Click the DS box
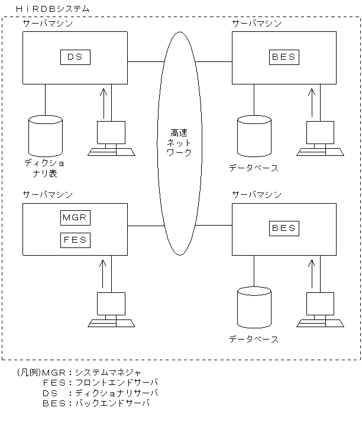click(76, 57)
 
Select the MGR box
click(76, 217)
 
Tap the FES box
click(76, 240)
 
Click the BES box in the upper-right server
click(284, 57)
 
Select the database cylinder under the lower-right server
click(254, 306)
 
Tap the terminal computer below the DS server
click(111, 139)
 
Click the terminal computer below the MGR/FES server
click(111, 310)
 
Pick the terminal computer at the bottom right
click(320, 310)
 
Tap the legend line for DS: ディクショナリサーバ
click(101, 393)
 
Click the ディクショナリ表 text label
click(46, 168)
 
